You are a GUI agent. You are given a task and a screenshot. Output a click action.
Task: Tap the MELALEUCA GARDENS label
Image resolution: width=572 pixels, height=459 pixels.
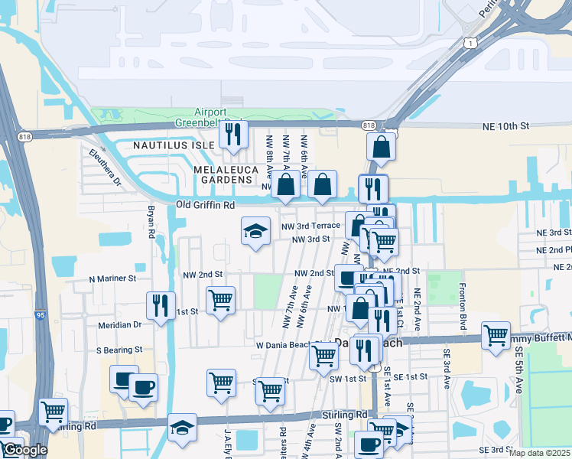[x=224, y=174]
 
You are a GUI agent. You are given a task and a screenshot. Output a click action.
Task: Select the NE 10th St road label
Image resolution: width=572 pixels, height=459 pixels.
[x=505, y=125]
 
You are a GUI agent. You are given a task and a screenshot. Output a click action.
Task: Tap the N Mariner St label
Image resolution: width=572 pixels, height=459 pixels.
[x=112, y=279]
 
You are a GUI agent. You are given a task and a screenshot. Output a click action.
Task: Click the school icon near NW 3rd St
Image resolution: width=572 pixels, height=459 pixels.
[x=255, y=232]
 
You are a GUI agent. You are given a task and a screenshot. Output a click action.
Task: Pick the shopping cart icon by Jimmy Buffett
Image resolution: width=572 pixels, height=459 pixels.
[x=496, y=335]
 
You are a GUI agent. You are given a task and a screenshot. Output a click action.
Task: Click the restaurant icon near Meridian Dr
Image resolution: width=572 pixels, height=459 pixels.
[x=161, y=306]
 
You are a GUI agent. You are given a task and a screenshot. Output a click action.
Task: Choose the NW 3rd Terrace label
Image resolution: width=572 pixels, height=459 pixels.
[x=310, y=226]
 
